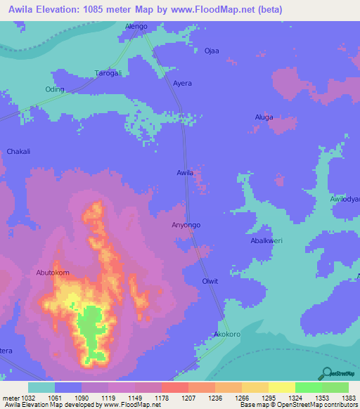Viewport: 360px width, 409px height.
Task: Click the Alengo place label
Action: click(x=136, y=26)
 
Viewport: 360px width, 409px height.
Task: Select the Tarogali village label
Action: click(x=108, y=73)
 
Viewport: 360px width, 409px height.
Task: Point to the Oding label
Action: click(x=55, y=89)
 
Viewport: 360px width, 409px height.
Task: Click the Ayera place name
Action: click(x=182, y=83)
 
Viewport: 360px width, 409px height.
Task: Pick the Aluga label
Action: click(x=264, y=118)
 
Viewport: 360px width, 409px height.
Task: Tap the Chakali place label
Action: click(x=18, y=151)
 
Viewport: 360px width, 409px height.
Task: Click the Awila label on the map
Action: click(x=184, y=172)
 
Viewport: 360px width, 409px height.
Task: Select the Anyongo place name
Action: click(x=186, y=225)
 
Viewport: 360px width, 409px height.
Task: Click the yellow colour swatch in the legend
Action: click(x=282, y=387)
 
